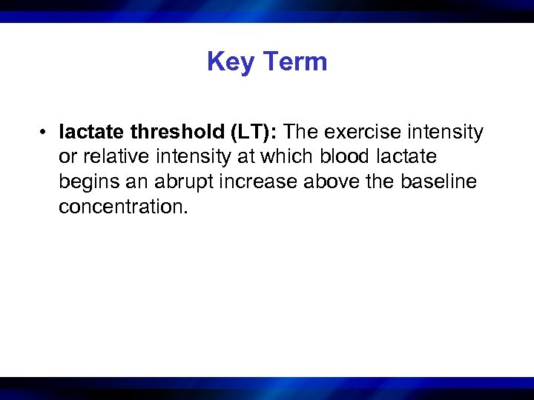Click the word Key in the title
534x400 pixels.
click(x=231, y=61)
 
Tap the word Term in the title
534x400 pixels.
click(x=294, y=61)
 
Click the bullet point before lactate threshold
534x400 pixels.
click(x=45, y=133)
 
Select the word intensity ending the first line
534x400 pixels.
click(x=448, y=133)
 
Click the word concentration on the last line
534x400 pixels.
click(x=123, y=207)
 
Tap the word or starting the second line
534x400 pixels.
click(x=67, y=157)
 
